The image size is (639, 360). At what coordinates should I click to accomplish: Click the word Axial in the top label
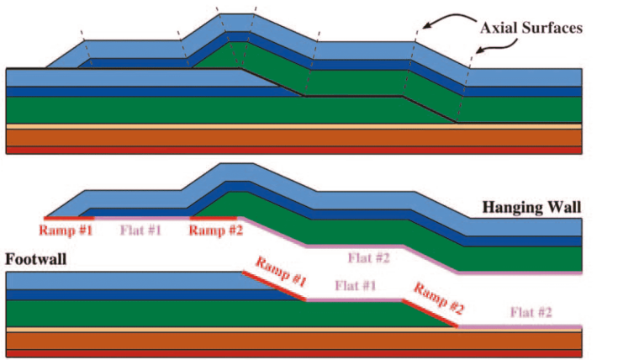(497, 29)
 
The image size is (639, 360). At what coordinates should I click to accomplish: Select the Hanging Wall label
(531, 205)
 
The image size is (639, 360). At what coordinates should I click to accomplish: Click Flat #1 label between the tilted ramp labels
(356, 285)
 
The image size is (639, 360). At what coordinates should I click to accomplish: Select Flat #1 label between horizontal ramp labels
(140, 229)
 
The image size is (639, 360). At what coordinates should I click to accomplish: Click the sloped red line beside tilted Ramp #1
(273, 286)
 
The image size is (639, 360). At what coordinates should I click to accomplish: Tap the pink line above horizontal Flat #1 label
(140, 217)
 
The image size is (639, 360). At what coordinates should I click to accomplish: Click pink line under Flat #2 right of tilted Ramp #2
(521, 326)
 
